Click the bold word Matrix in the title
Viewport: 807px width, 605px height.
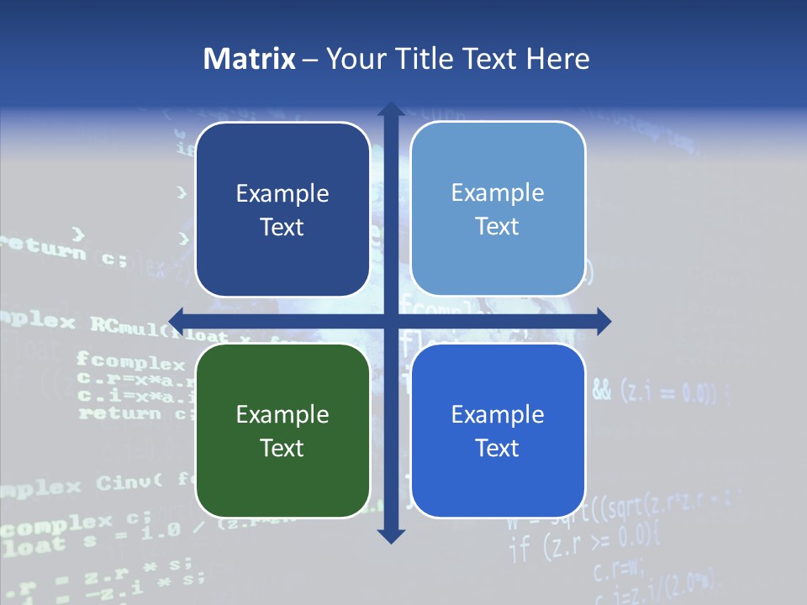(250, 59)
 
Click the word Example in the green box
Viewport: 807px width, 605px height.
(282, 414)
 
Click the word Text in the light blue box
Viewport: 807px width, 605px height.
(498, 227)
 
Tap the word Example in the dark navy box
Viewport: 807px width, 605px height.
(282, 193)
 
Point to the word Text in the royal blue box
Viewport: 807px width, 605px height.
(498, 448)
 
